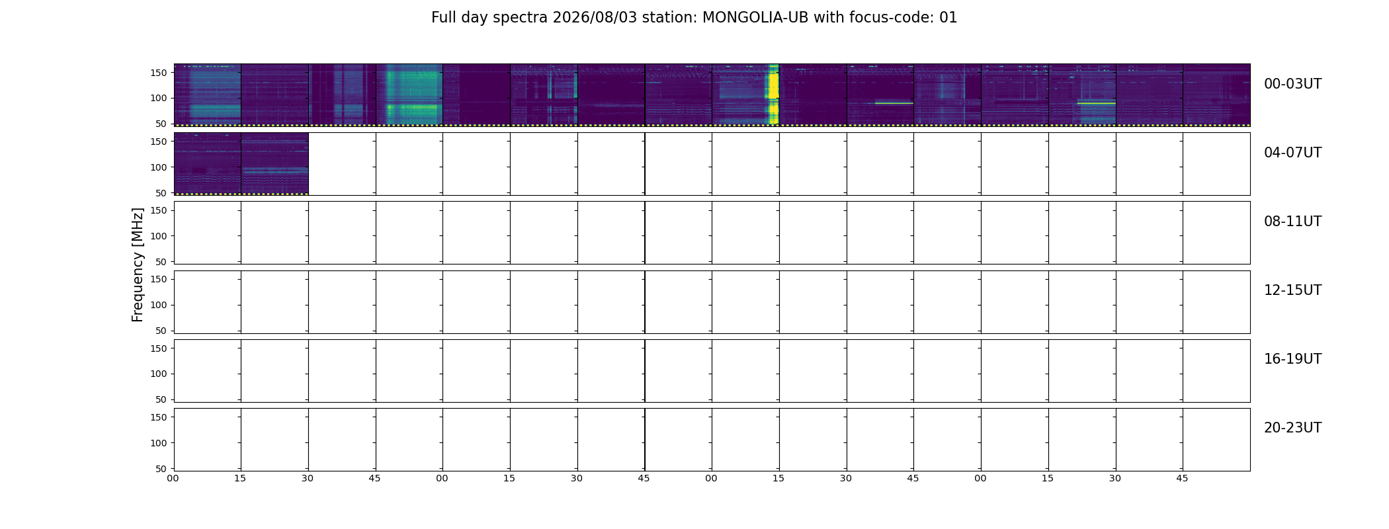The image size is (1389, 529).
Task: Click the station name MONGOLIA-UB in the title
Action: pyautogui.click(x=755, y=18)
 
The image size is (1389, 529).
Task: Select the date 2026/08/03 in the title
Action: pyautogui.click(x=595, y=18)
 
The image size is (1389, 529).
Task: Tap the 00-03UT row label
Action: pyautogui.click(x=1292, y=84)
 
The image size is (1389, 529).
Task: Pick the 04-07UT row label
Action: pyautogui.click(x=1292, y=153)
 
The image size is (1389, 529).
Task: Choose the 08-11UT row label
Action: pyautogui.click(x=1292, y=222)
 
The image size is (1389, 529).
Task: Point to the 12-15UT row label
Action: pyautogui.click(x=1292, y=290)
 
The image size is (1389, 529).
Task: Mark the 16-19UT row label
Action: pyautogui.click(x=1292, y=359)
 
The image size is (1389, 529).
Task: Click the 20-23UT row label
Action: pyautogui.click(x=1292, y=428)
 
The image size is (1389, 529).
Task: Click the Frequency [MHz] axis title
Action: pyautogui.click(x=138, y=264)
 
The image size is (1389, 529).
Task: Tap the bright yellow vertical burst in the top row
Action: pyautogui.click(x=773, y=94)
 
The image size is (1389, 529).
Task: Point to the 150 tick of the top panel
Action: pyautogui.click(x=159, y=73)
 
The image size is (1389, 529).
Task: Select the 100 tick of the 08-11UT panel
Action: pyautogui.click(x=159, y=236)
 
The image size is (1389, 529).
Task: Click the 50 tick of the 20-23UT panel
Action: pyautogui.click(x=161, y=469)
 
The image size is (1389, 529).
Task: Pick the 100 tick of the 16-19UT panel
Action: pyautogui.click(x=159, y=374)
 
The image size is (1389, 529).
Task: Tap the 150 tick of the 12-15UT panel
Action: pyautogui.click(x=159, y=279)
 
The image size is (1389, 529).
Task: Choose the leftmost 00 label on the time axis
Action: pyautogui.click(x=173, y=478)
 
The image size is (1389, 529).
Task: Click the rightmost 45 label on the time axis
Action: pyautogui.click(x=1182, y=478)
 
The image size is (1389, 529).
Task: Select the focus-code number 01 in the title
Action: pyautogui.click(x=948, y=18)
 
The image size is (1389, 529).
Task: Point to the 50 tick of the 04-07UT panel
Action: pyautogui.click(x=161, y=193)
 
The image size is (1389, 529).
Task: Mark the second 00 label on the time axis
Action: pyautogui.click(x=442, y=478)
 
